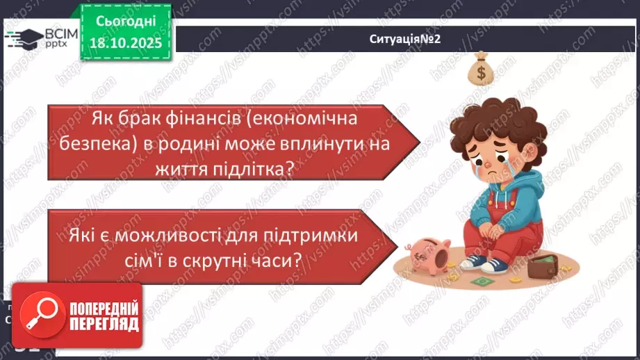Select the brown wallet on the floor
point(545,265)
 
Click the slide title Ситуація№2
point(406,40)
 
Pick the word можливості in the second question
point(178,235)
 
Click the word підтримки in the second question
point(312,235)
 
